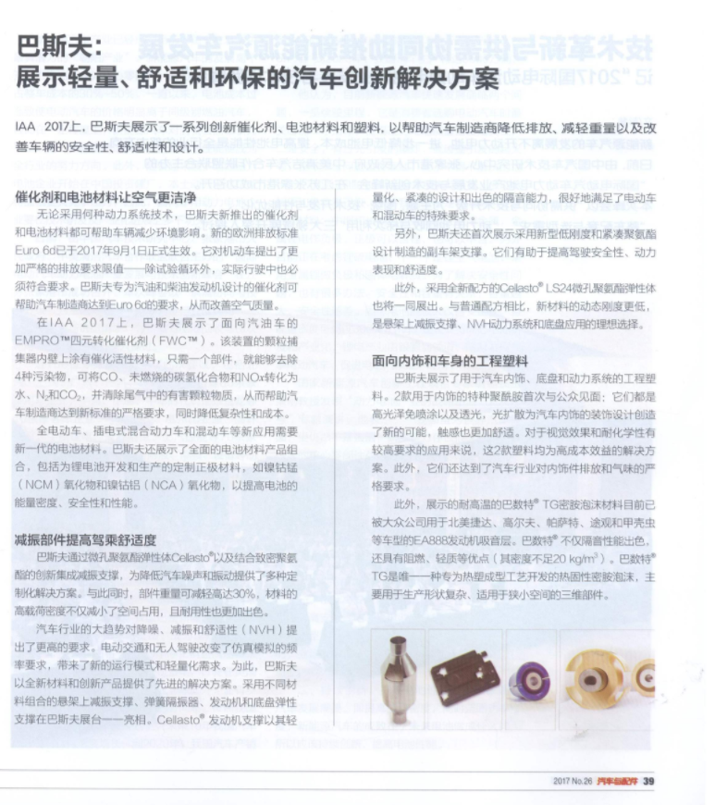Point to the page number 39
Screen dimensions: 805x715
pyautogui.click(x=648, y=782)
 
